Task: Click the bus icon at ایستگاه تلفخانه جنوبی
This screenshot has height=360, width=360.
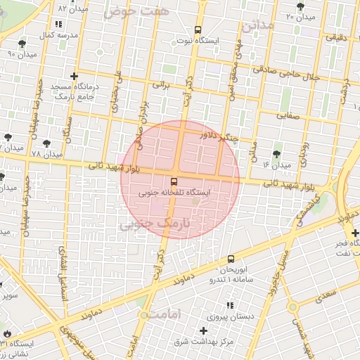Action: pyautogui.click(x=174, y=182)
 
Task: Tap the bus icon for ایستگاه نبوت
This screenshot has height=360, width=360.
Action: pyautogui.click(x=198, y=30)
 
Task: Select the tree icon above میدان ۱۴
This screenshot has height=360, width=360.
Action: pyautogui.click(x=276, y=150)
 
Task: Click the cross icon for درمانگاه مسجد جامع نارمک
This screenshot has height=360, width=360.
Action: pyautogui.click(x=74, y=75)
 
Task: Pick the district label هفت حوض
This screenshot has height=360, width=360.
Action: pyautogui.click(x=128, y=11)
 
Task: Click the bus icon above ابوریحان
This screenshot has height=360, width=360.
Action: pyautogui.click(x=231, y=259)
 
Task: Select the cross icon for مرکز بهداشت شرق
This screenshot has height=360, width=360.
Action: pyautogui.click(x=204, y=330)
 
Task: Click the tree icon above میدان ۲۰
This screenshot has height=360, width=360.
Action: pyautogui.click(x=300, y=6)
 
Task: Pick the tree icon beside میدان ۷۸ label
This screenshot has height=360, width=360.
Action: pyautogui.click(x=8, y=138)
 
